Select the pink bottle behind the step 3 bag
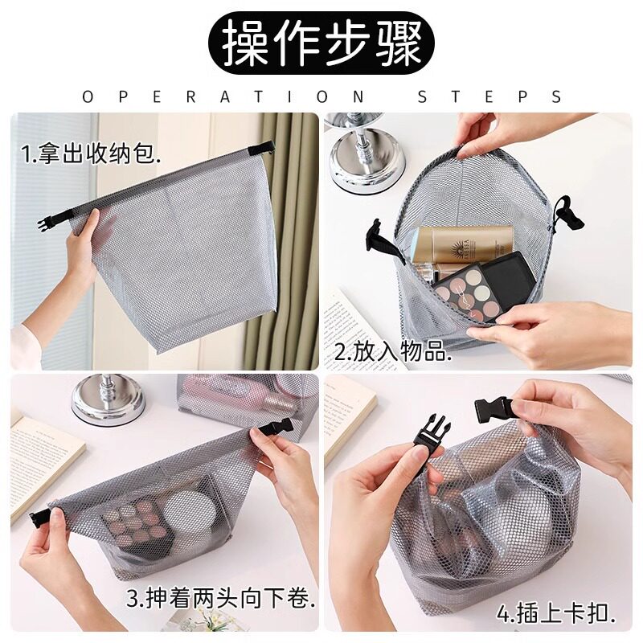click(233, 394)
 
